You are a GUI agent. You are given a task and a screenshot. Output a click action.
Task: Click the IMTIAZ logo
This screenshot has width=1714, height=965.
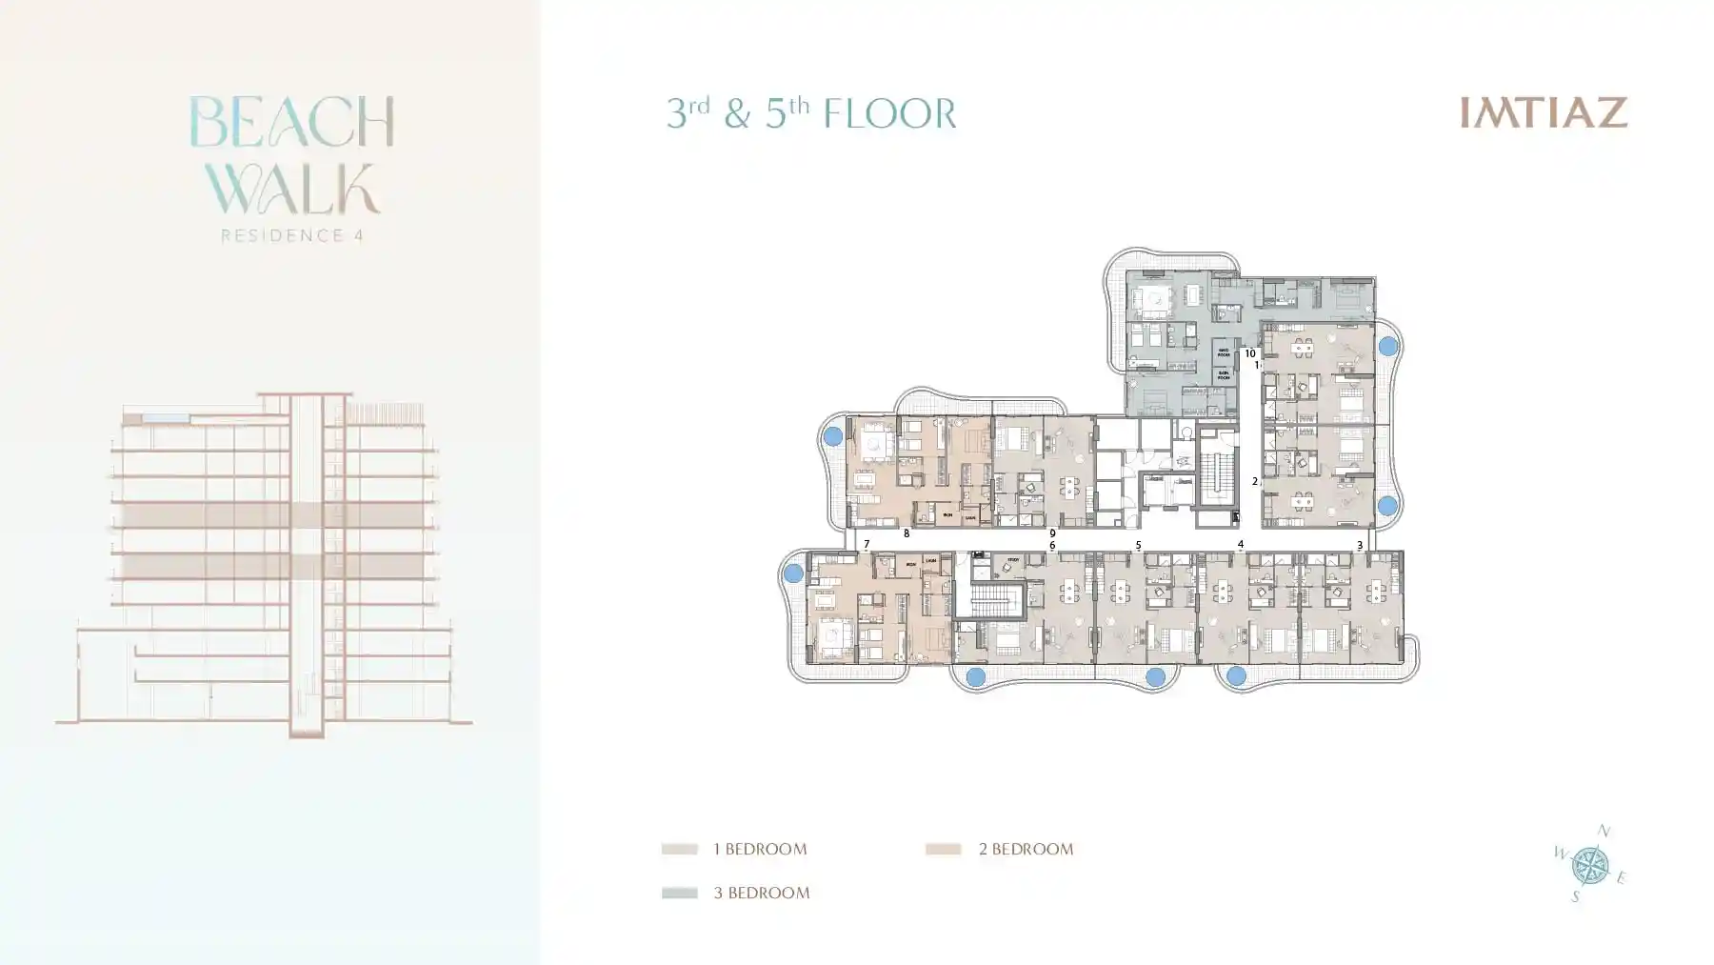point(1544,112)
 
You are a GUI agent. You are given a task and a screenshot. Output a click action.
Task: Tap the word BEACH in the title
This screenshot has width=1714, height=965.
point(291,122)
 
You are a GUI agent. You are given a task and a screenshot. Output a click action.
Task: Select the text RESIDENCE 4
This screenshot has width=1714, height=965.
point(291,235)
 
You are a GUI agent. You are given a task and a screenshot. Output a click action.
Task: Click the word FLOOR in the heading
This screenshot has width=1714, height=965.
point(889,114)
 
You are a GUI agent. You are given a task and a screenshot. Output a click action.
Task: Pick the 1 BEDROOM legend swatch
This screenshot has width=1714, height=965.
point(679,849)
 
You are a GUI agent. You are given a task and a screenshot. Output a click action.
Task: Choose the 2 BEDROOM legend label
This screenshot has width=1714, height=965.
point(1026,849)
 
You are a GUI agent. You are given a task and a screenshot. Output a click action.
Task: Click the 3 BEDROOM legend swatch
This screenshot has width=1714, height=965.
point(679,893)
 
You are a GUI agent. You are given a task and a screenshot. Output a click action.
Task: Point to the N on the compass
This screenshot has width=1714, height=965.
point(1604,832)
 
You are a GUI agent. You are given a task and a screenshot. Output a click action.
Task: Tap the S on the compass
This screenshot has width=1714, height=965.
point(1575,896)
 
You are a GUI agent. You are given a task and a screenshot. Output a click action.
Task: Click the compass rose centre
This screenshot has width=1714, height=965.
point(1589,865)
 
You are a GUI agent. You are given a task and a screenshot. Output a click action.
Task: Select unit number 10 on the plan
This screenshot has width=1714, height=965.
point(1250,353)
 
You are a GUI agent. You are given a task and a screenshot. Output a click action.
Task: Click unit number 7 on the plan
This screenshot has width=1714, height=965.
point(867,545)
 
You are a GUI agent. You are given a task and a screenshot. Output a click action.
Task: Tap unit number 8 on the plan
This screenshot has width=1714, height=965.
point(907,534)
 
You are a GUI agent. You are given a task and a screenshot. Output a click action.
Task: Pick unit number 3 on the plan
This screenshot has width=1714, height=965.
point(1360,546)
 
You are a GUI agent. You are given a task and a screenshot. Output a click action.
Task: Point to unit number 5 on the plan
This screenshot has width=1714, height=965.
point(1138,546)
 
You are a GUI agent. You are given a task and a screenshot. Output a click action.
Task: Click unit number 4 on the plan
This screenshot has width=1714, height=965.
point(1240,545)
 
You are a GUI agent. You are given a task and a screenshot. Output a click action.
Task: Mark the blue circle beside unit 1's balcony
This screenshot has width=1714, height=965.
point(1387,347)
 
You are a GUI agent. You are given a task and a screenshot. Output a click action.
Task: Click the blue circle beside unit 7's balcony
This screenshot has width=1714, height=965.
point(793,574)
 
